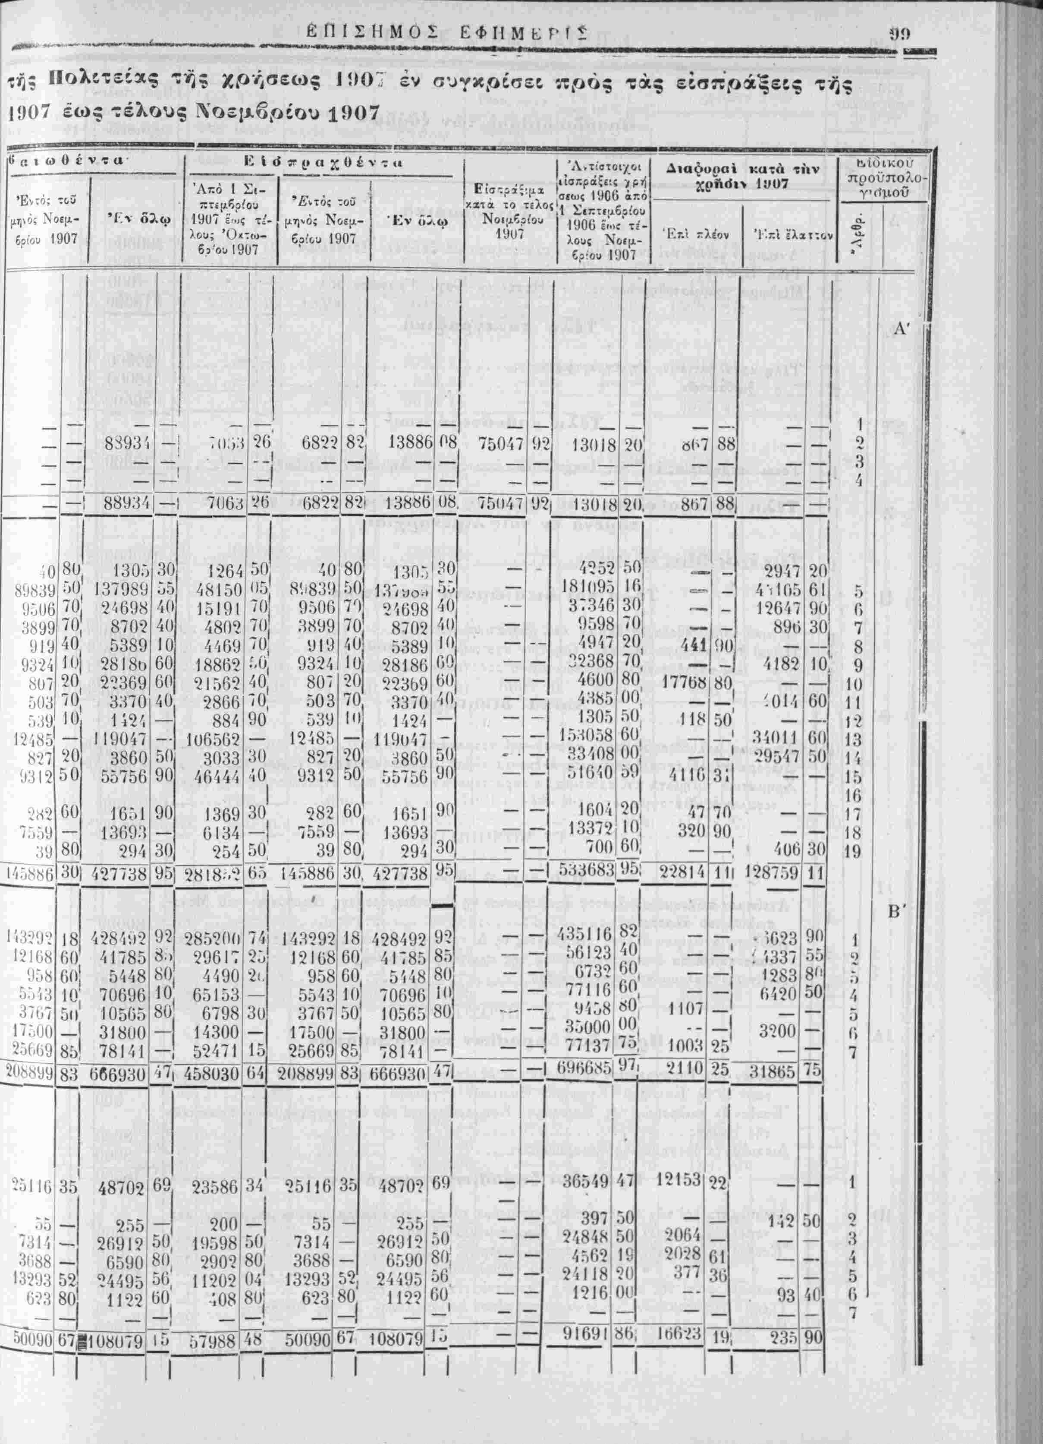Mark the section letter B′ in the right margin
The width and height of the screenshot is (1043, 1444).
click(x=897, y=912)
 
